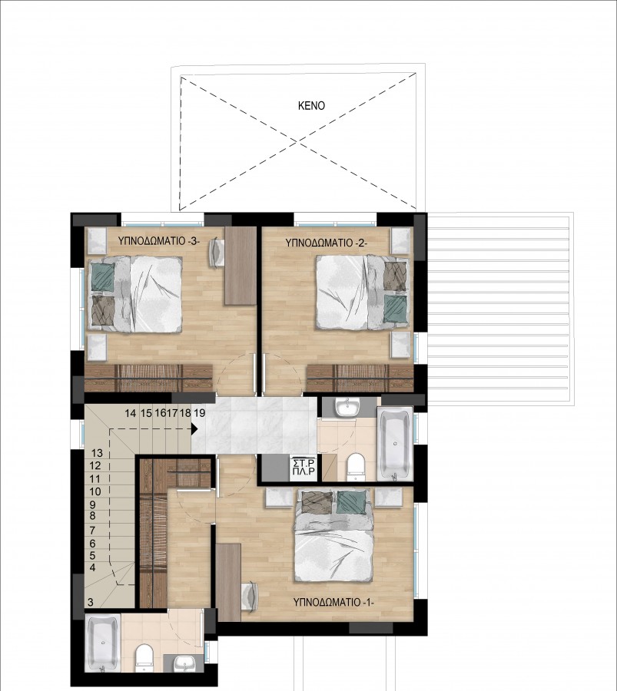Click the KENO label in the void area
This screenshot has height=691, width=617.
point(311,106)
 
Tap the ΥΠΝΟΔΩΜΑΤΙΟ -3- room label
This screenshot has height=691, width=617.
point(159,240)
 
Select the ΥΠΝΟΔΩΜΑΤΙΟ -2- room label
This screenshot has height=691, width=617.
point(326,242)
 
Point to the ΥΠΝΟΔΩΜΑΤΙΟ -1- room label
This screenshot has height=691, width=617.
point(333,603)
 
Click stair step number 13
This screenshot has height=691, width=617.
point(97,453)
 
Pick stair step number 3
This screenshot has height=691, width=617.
point(91,603)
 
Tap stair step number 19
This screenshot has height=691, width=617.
point(200,413)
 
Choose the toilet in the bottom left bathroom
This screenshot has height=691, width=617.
point(144,657)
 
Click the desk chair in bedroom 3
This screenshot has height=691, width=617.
point(216,252)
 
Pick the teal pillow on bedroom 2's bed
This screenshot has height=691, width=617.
point(396,309)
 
